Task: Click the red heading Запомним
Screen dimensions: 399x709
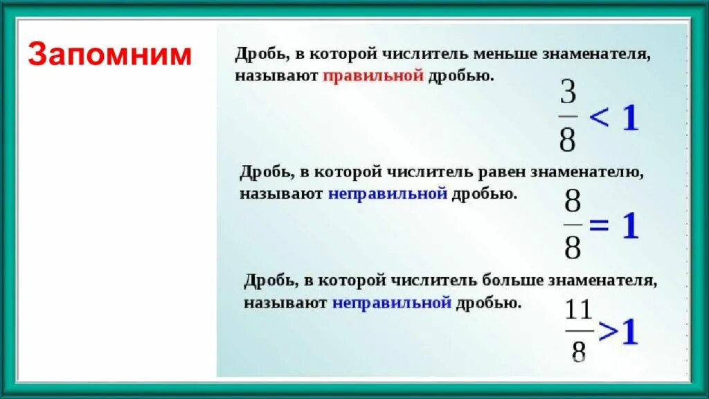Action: tap(109, 54)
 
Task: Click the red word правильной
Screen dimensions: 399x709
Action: tap(373, 76)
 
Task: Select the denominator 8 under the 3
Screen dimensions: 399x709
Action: tap(568, 140)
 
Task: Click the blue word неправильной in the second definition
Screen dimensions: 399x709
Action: tap(388, 194)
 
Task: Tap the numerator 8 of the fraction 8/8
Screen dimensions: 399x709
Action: tap(573, 204)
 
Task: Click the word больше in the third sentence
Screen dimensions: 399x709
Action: tap(512, 281)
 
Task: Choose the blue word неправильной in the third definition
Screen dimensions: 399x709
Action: tap(392, 303)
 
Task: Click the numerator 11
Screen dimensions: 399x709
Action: tap(578, 310)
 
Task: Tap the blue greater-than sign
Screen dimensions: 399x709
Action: tap(607, 332)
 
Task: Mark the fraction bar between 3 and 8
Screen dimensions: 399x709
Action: tap(568, 117)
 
